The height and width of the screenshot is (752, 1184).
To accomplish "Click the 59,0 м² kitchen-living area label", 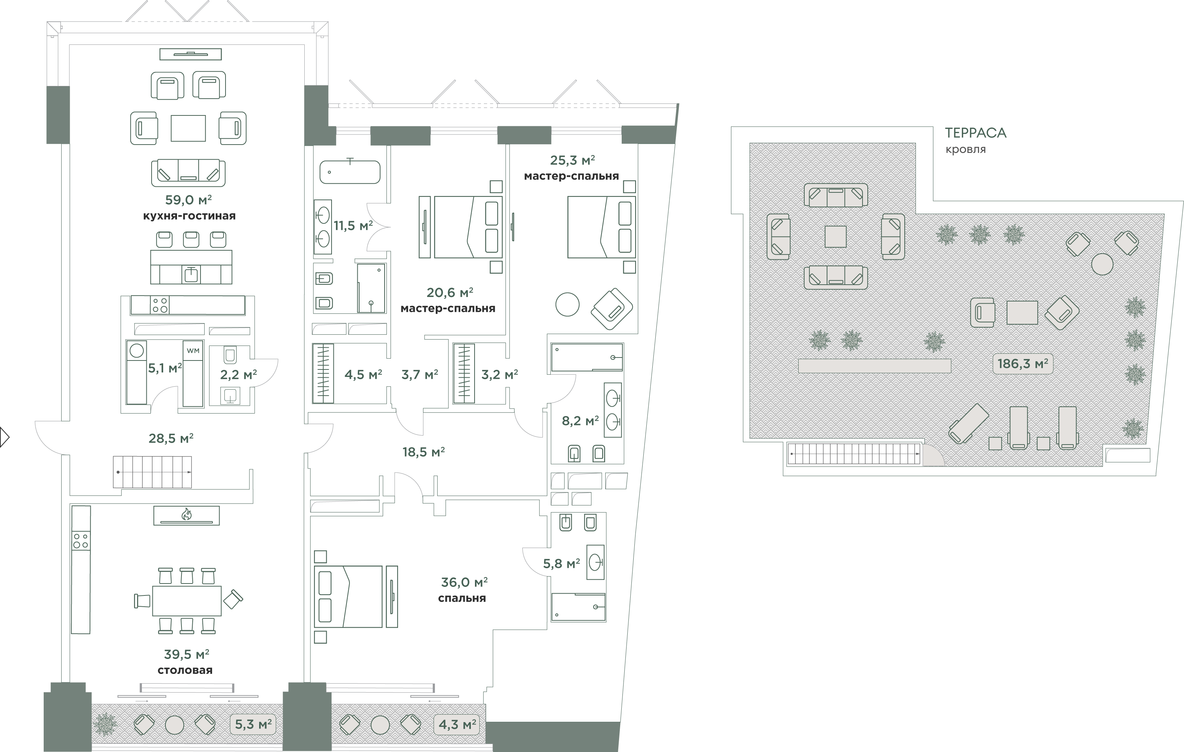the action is coord(188,200).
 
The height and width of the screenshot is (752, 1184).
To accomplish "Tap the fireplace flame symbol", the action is coord(186,514).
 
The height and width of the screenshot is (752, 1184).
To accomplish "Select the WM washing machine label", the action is coord(193,351).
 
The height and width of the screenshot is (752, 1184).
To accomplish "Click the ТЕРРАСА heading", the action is coord(976,133).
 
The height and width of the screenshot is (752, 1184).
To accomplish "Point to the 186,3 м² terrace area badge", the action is coord(1023,364).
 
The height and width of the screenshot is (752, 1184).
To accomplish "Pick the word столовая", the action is coord(185,670).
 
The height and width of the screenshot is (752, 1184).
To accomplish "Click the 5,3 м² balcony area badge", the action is coord(253,724).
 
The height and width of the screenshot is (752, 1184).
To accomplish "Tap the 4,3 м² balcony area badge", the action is coord(457,724).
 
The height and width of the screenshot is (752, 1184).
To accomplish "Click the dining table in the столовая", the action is coord(187,601).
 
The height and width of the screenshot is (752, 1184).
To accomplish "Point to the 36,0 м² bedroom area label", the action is coord(464,582).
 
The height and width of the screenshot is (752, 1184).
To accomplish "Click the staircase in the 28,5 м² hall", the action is coord(152,472).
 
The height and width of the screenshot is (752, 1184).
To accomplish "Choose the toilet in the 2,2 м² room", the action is coord(230,354).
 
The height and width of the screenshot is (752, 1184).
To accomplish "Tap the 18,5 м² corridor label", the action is coord(424,452).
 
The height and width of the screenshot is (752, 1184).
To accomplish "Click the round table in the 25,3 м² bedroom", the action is coord(568,304).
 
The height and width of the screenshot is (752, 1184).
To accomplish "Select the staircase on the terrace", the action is coord(854,454).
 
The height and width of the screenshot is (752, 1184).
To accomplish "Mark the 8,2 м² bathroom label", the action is coord(580,421).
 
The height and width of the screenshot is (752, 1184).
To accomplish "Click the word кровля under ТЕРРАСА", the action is coord(966,149).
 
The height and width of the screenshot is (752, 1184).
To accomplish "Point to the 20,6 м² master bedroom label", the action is coord(450,293).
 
